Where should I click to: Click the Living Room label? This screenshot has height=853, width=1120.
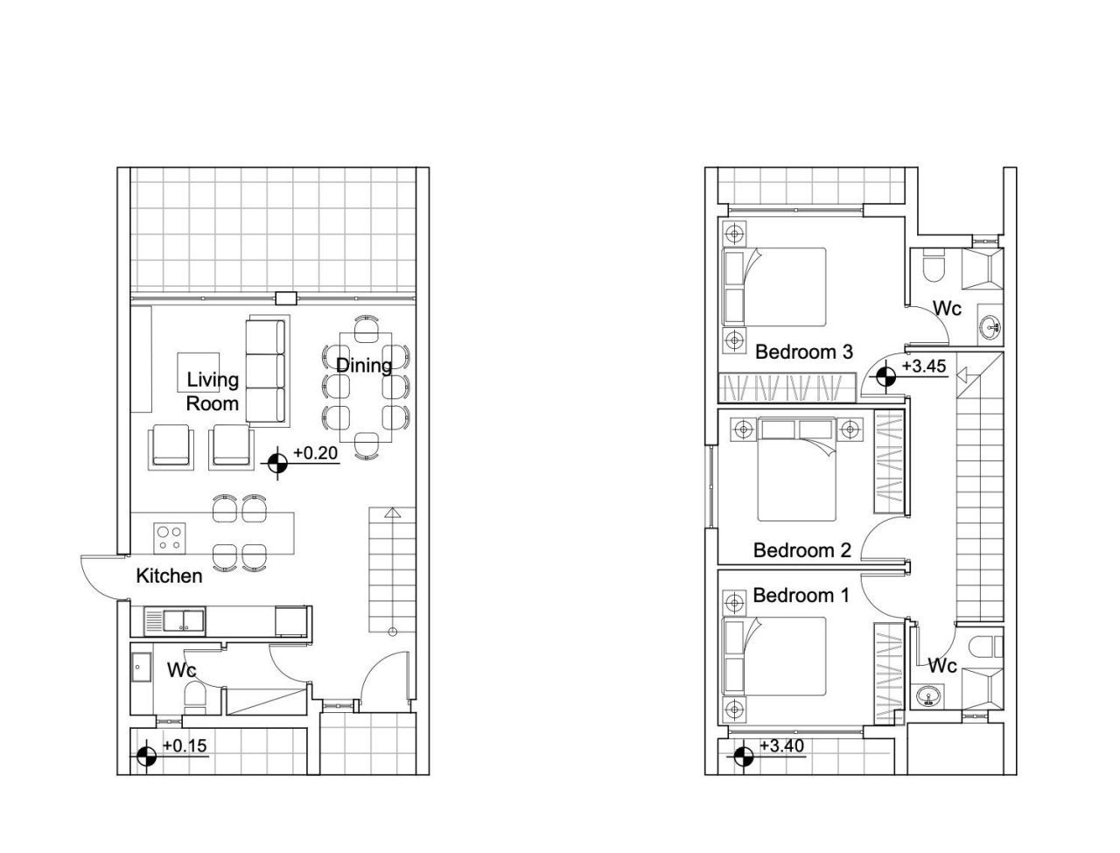pos(213,391)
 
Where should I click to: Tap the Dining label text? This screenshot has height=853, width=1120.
pos(363,365)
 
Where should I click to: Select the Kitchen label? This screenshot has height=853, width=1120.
pos(169,576)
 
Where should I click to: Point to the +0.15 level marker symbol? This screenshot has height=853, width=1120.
pos(147,755)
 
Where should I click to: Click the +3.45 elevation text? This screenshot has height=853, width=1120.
pos(924,367)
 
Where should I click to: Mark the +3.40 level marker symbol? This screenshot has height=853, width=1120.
pos(744,755)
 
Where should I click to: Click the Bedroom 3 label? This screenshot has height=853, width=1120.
pos(803,352)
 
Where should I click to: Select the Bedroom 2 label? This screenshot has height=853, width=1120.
pos(801,550)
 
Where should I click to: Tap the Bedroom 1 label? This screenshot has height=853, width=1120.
pos(801,596)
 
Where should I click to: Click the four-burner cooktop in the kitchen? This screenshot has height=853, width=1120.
pos(168,537)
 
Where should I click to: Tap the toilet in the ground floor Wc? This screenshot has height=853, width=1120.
pos(194,698)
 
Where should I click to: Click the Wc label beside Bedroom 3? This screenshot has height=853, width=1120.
pos(947,308)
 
